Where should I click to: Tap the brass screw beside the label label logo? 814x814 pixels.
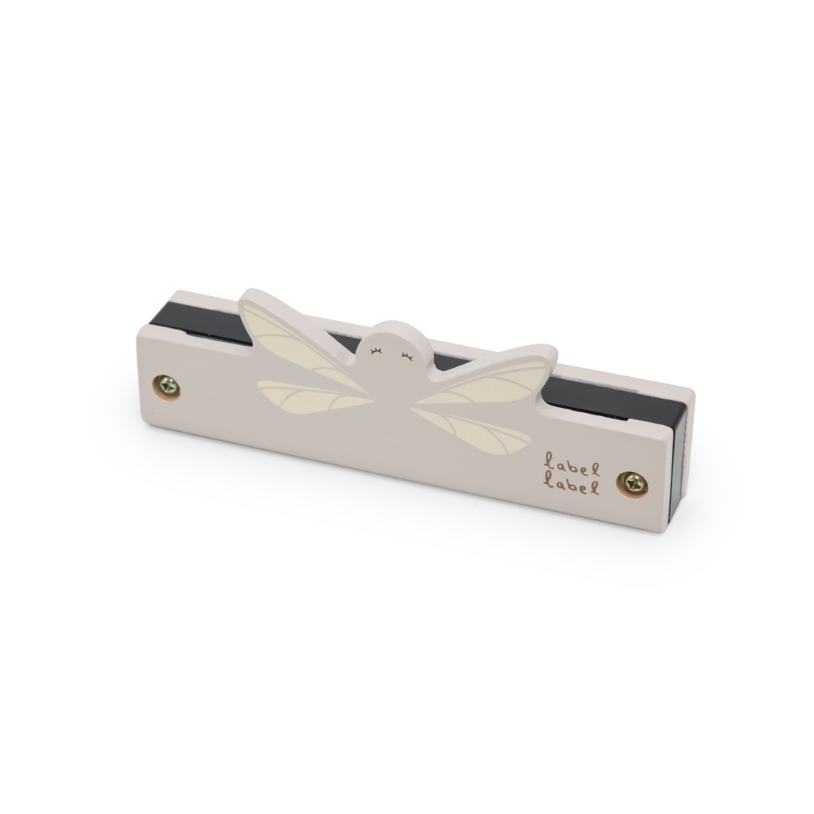coord(631,483)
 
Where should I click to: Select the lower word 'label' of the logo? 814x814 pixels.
coord(573,487)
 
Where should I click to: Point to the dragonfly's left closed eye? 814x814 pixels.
coord(375,351)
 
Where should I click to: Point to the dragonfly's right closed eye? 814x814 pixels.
coord(406,355)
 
